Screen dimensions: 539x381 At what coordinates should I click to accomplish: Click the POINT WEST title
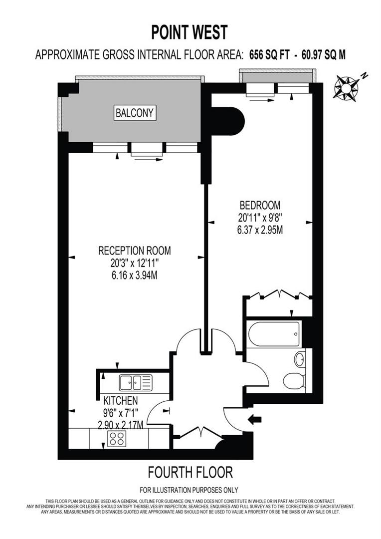pyautogui.click(x=190, y=32)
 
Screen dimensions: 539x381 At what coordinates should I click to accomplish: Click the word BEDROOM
pyautogui.click(x=260, y=205)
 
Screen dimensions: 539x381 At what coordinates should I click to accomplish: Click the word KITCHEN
pyautogui.click(x=120, y=400)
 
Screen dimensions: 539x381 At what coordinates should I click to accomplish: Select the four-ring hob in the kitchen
pyautogui.click(x=116, y=439)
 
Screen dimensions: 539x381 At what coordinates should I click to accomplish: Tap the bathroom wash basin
pyautogui.click(x=300, y=359)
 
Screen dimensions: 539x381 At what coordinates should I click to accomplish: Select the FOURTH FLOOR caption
pyautogui.click(x=190, y=472)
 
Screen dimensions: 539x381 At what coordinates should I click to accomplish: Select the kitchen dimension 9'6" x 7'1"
pyautogui.click(x=120, y=413)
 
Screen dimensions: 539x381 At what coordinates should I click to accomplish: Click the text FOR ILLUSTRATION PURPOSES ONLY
pyautogui.click(x=190, y=490)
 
